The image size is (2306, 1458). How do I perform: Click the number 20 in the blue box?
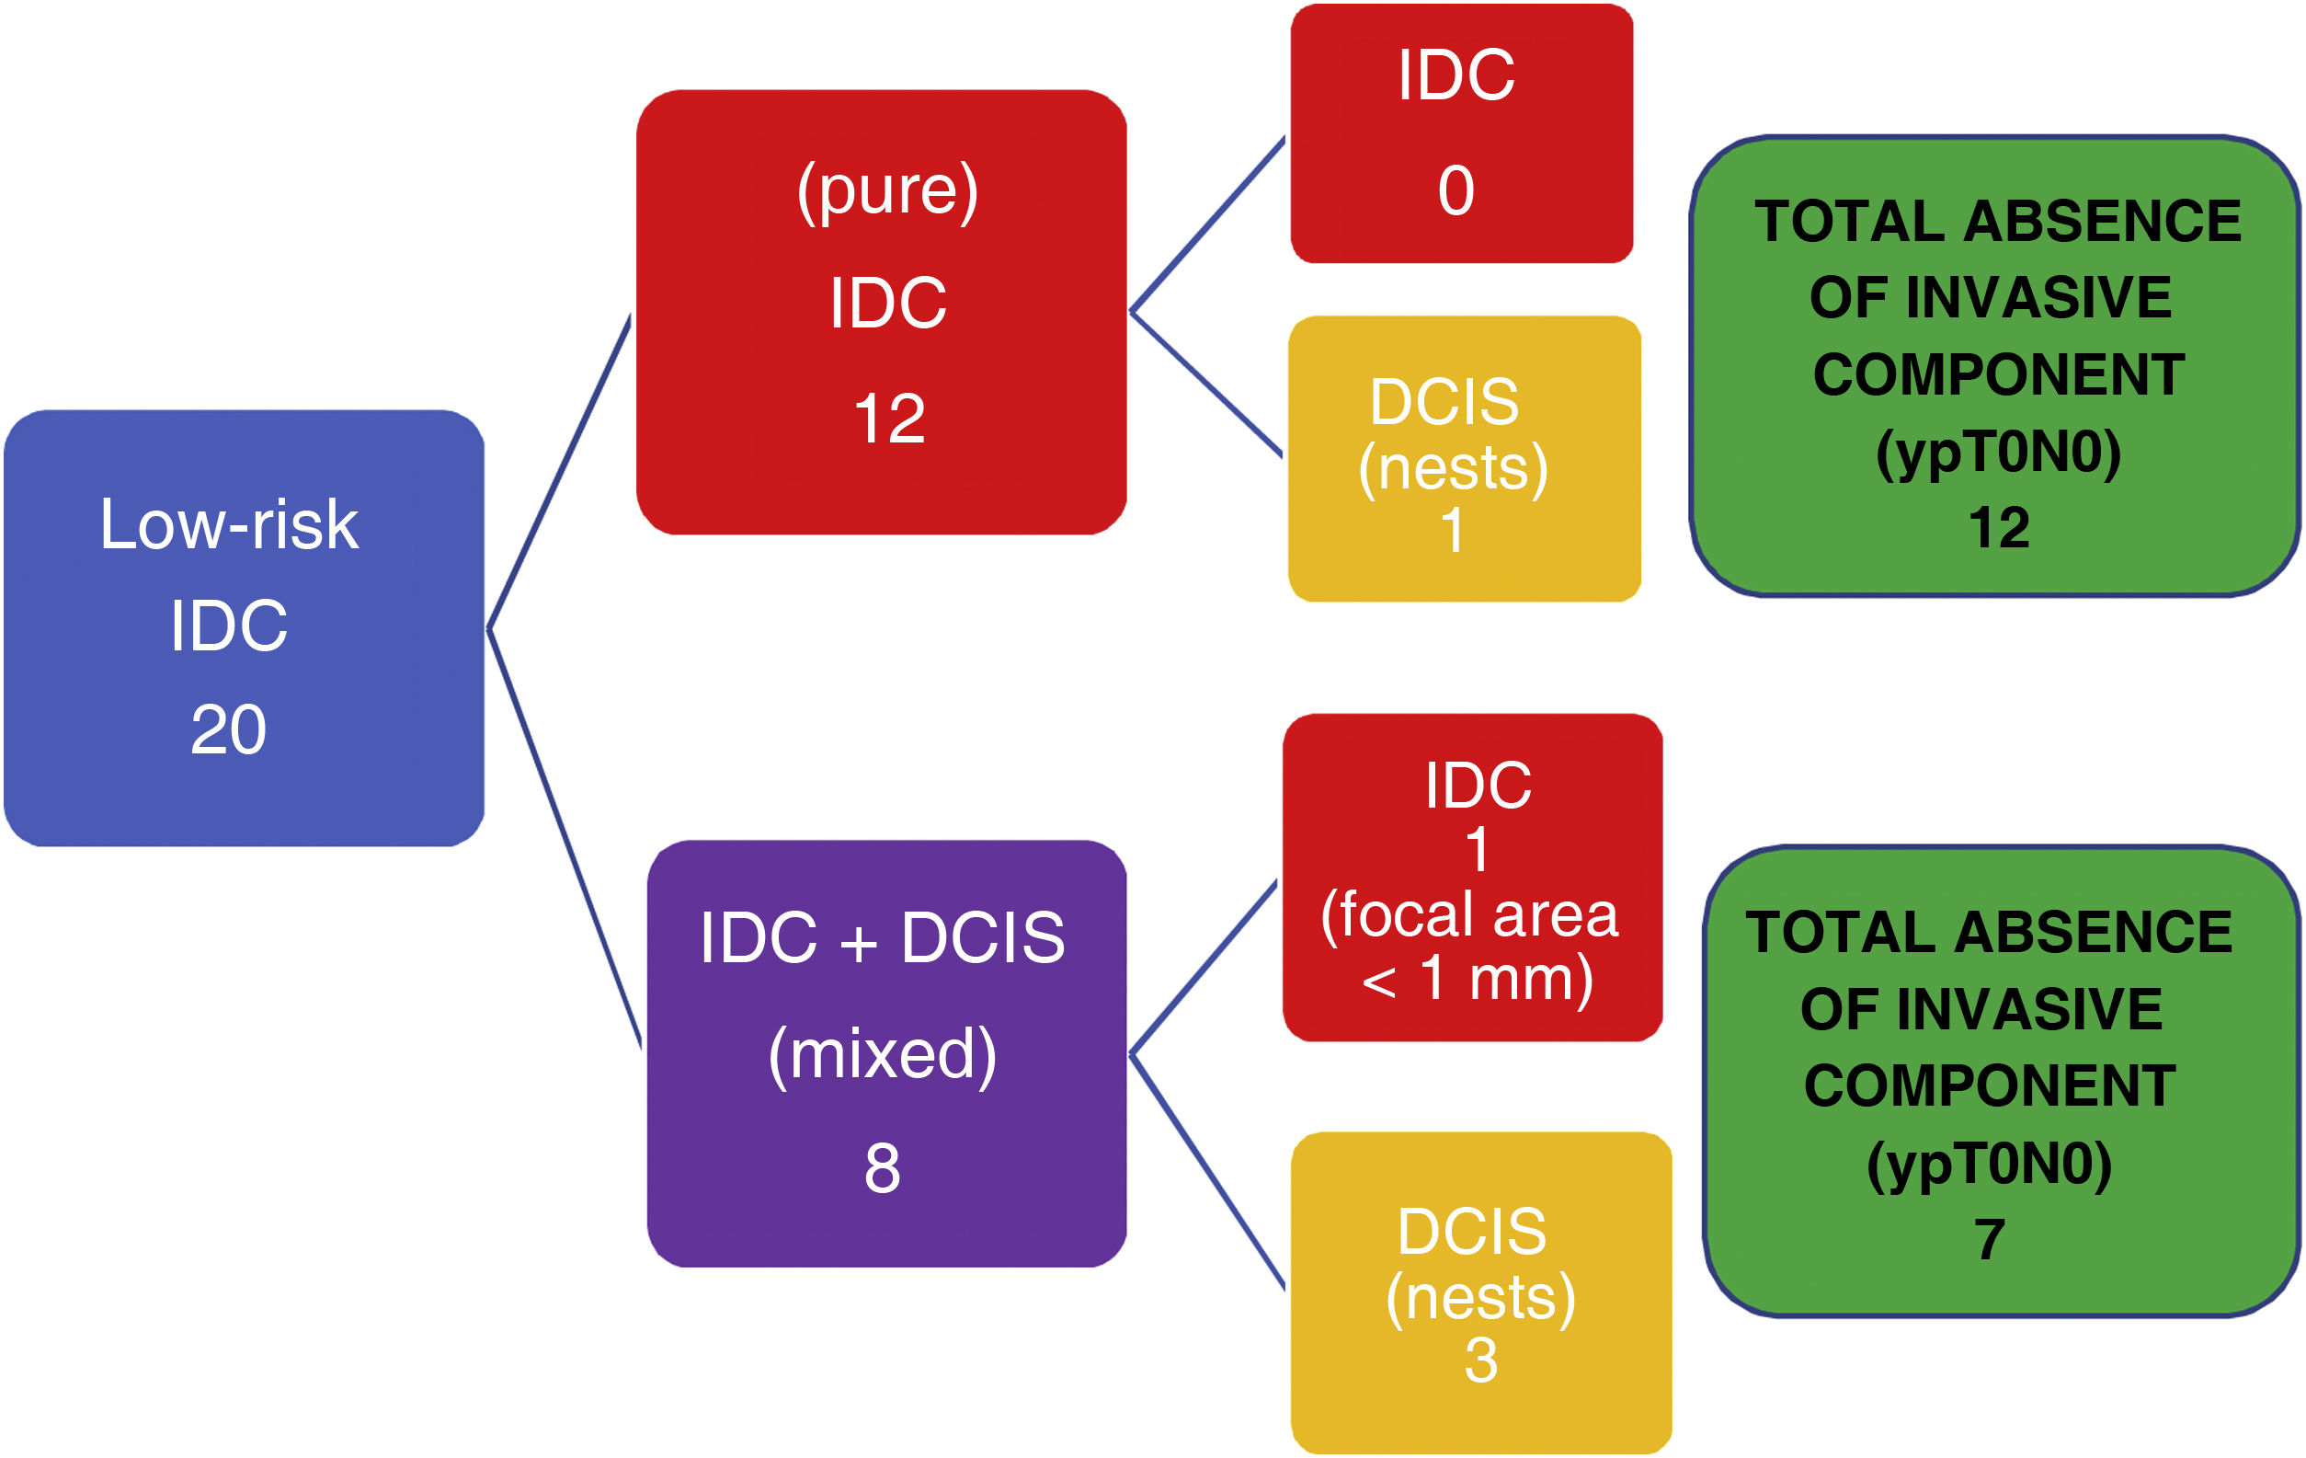click(228, 730)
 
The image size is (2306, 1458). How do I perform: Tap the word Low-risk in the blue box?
click(229, 525)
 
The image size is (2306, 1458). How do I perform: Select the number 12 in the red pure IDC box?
click(889, 419)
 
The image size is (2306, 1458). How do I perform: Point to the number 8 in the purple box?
click(882, 1168)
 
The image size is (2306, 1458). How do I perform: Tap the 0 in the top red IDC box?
click(1456, 190)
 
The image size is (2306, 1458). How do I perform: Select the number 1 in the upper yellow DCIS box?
click(1453, 530)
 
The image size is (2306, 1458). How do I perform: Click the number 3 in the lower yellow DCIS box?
click(1480, 1360)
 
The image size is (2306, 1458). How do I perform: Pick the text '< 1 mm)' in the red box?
click(1478, 979)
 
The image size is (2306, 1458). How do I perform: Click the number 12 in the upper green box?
click(1999, 528)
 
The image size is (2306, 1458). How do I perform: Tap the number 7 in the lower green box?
click(1989, 1240)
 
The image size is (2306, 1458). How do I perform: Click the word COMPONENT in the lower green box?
click(1990, 1086)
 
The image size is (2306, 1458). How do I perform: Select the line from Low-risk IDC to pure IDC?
click(559, 471)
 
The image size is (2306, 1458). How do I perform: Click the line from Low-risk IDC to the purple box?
click(565, 839)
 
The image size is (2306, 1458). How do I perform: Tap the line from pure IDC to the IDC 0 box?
click(1208, 224)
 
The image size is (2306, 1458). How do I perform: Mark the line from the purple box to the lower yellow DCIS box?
click(1208, 1172)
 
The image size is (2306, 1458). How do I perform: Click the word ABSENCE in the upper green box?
click(2103, 223)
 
